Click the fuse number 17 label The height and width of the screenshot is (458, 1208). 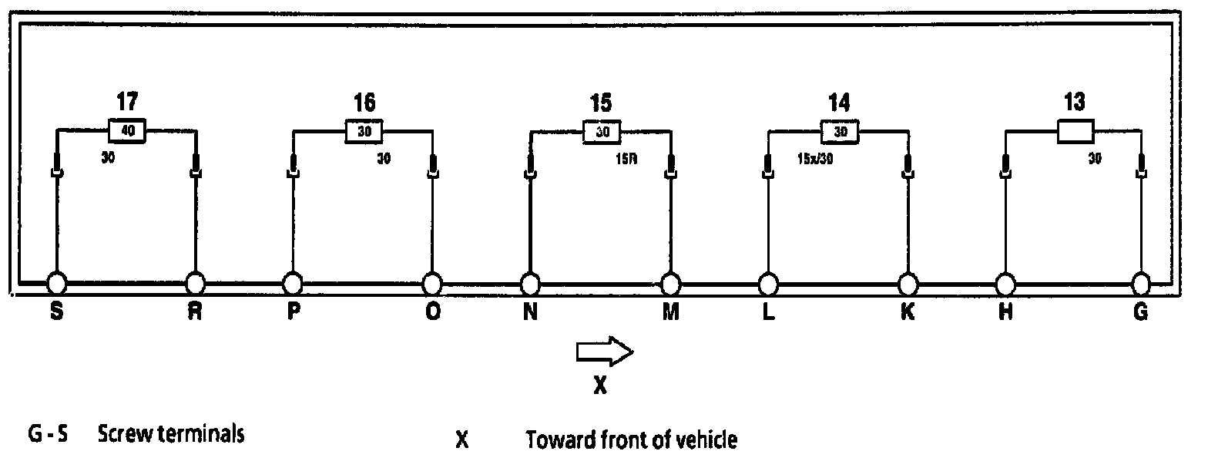128,102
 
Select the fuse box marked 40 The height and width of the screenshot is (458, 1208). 128,131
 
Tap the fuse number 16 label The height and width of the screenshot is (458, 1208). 365,102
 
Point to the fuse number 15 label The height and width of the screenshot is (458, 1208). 603,102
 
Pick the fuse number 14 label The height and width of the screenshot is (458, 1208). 841,102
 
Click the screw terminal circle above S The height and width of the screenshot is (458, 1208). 56,283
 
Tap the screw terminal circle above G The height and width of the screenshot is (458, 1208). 1141,283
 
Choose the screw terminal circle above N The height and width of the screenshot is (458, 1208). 529,283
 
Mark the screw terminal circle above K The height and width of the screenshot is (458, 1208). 908,283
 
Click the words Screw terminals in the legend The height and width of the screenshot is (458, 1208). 171,435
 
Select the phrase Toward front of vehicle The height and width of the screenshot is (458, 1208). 632,440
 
